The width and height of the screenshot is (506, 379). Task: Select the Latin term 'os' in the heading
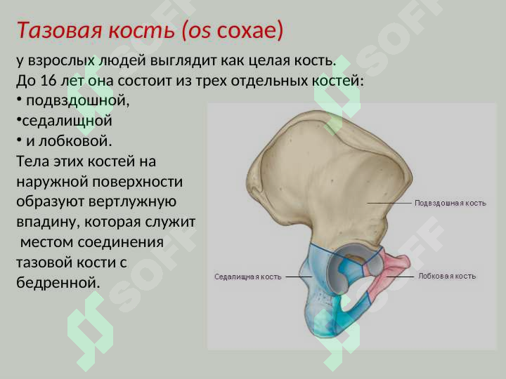click(200, 31)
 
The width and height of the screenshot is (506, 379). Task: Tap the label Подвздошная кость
click(450, 203)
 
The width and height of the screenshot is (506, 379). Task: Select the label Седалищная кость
click(247, 277)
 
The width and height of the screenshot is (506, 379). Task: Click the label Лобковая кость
click(447, 277)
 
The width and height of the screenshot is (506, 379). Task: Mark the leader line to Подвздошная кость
click(389, 203)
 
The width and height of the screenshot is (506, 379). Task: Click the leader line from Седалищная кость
click(298, 277)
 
